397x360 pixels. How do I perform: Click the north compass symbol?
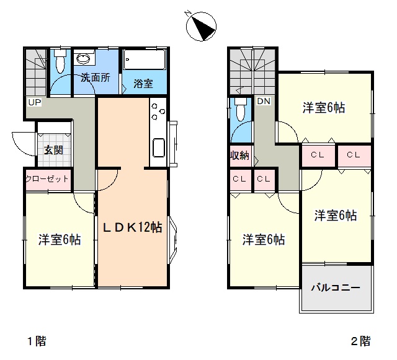point(201,26)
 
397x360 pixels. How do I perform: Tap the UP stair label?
point(35,102)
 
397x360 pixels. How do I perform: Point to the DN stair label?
point(264,101)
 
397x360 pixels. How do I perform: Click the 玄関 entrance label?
point(53,150)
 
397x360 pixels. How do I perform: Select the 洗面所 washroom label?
point(96,77)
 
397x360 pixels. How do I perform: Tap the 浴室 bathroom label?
point(143,84)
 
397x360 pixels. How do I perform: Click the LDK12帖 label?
point(132,227)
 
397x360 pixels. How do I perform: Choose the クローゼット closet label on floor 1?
point(47,179)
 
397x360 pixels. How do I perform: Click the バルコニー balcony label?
point(336,288)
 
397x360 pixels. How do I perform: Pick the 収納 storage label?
point(239,156)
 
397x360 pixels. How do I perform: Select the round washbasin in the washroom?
point(83,59)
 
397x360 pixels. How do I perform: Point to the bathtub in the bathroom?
point(145,59)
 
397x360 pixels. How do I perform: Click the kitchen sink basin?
point(159,148)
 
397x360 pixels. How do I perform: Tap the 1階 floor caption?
point(37,341)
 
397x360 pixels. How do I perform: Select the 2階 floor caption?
point(360,341)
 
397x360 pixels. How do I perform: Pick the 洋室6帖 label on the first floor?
point(60,239)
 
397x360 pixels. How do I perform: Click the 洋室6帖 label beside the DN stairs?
point(324,108)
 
